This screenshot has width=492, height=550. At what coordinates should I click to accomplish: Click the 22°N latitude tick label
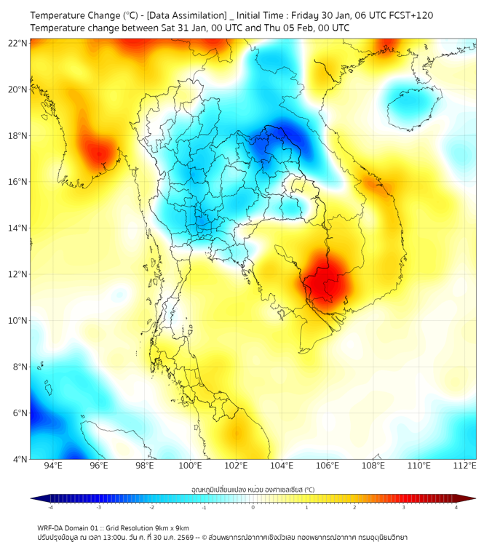[18, 43]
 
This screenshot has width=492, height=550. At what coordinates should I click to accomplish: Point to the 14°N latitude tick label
[18, 228]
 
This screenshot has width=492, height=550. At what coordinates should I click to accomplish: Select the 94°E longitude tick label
[53, 466]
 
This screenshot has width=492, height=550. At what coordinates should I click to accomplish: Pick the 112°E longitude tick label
[465, 466]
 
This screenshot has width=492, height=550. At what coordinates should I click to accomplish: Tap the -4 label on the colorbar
[50, 507]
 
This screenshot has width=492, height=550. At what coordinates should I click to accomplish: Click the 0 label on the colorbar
[253, 507]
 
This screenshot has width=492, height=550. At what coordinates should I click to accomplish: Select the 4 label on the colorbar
[456, 507]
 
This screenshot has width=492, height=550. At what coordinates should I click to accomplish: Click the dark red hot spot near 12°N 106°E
[328, 279]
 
